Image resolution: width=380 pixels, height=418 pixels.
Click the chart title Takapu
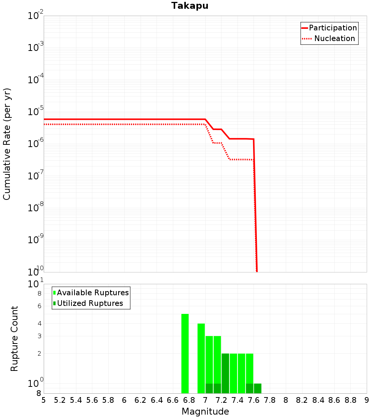[190, 6]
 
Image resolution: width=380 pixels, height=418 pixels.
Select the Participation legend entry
[333, 28]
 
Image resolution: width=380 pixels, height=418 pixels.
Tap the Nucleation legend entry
[334, 38]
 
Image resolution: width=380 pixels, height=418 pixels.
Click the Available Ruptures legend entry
[93, 293]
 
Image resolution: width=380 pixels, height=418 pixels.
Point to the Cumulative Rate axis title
[7, 144]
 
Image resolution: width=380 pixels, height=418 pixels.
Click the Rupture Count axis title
[14, 339]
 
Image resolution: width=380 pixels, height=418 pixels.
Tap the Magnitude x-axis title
[205, 412]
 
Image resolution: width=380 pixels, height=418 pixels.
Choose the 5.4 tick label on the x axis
[76, 400]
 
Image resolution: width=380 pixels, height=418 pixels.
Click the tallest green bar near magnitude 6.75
[185, 353]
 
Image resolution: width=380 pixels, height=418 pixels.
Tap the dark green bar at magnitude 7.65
[258, 388]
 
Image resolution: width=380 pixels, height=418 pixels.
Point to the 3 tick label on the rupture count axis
[39, 336]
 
